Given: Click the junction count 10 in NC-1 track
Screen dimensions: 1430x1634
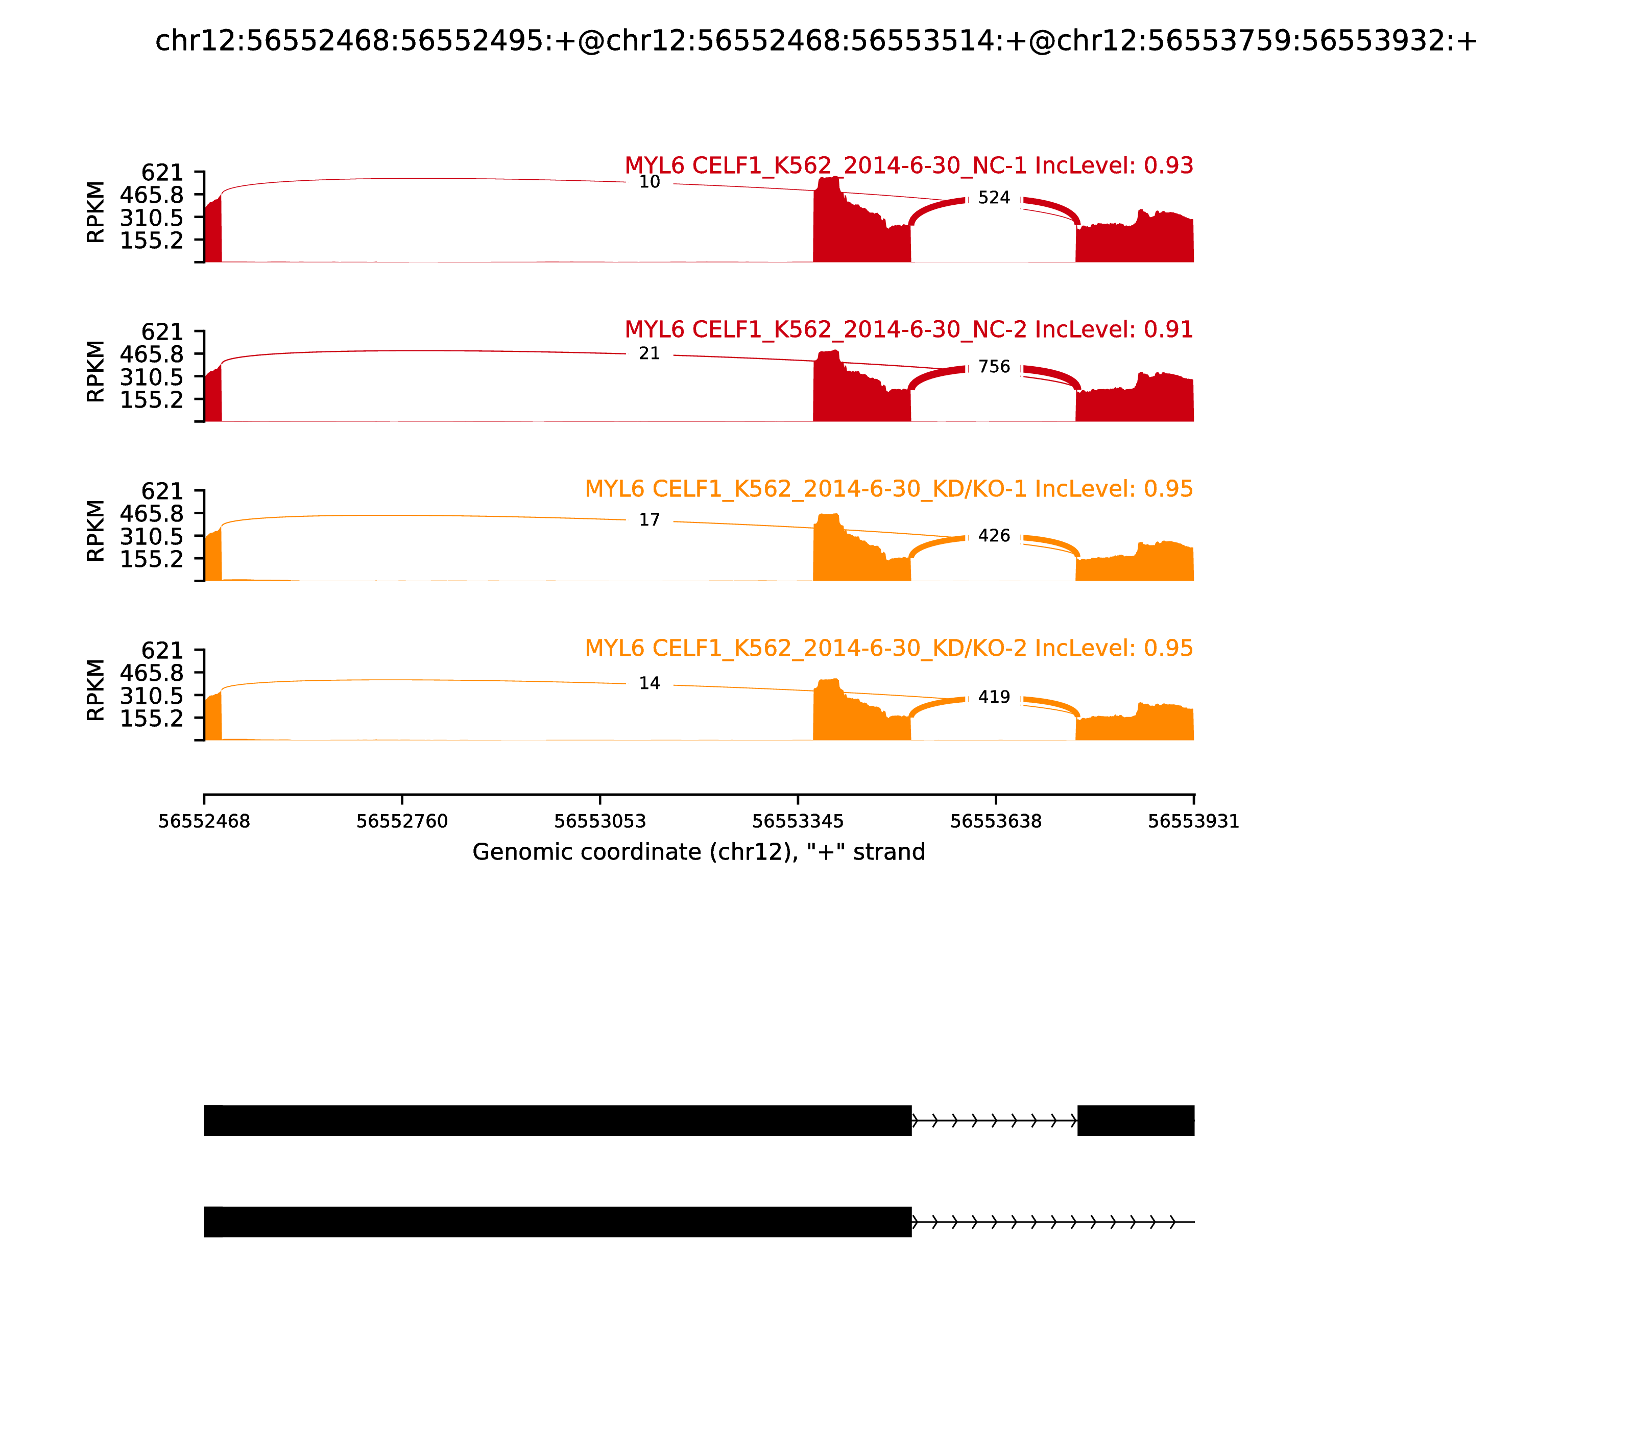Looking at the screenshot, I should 650,182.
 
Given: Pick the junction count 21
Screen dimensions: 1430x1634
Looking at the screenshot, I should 650,353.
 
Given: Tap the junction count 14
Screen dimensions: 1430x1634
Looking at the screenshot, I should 650,684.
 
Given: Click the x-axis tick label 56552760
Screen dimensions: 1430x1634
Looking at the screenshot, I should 402,821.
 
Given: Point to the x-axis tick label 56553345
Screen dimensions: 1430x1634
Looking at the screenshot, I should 798,821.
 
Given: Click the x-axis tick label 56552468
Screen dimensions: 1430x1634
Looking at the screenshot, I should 204,821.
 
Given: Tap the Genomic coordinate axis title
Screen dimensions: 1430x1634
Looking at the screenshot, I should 699,852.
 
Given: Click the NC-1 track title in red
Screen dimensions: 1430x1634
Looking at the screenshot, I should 909,166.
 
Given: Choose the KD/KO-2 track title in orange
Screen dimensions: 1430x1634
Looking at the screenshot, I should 889,648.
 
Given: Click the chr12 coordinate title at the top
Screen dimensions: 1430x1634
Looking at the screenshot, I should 816,41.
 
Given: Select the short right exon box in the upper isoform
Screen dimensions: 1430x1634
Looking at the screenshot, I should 1135,1121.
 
